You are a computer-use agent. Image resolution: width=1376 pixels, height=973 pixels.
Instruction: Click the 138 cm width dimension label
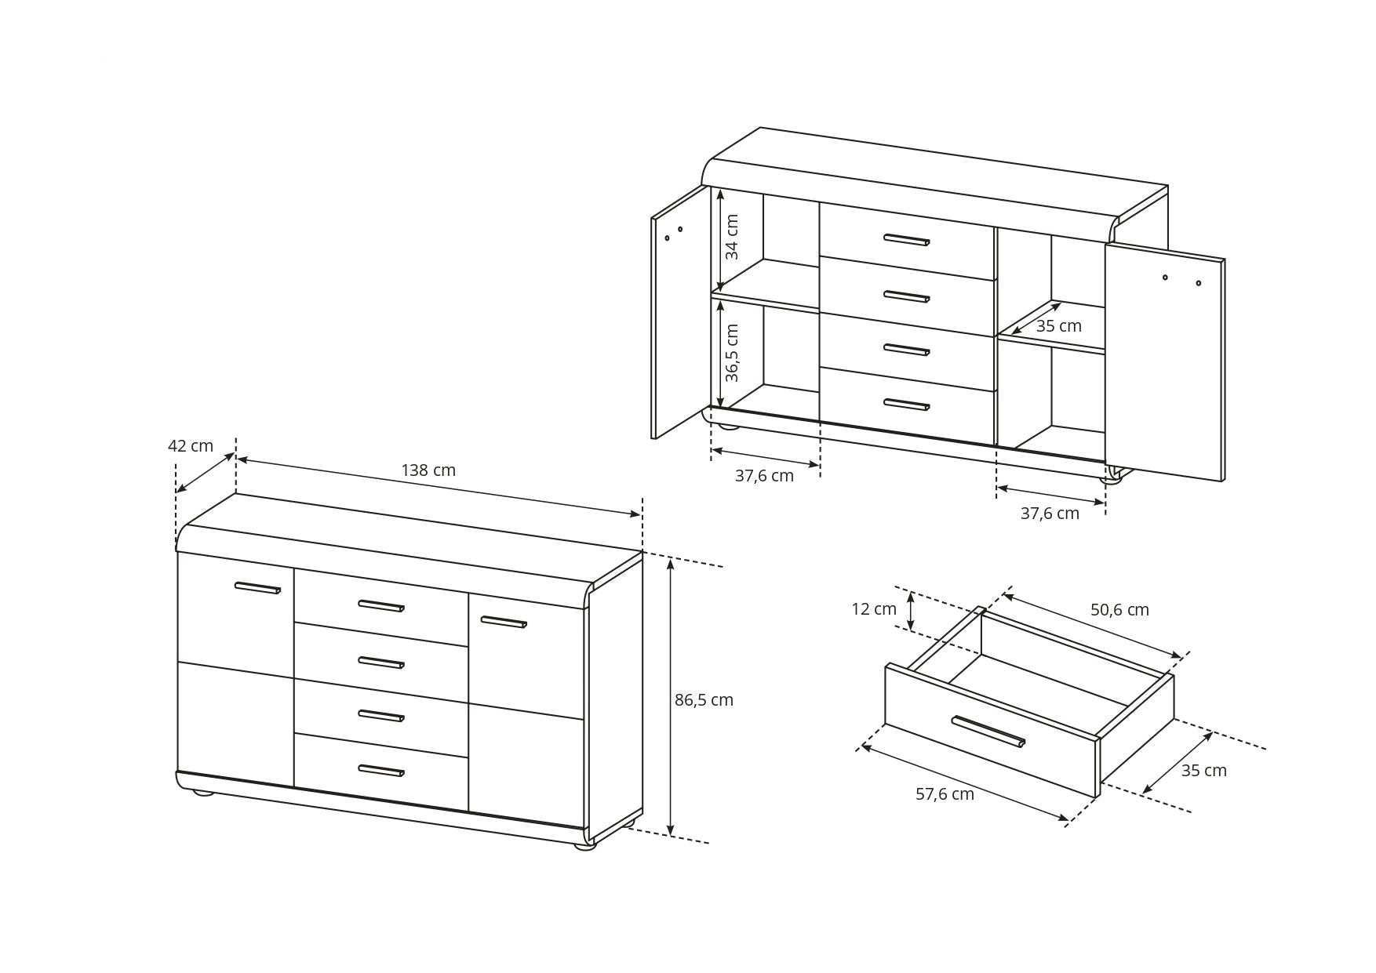point(428,470)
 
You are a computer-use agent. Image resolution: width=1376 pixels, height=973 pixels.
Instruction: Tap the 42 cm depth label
point(191,446)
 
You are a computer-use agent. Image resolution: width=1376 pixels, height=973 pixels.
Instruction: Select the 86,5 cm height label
point(704,700)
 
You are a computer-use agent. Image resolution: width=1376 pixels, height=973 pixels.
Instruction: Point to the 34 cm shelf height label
point(732,237)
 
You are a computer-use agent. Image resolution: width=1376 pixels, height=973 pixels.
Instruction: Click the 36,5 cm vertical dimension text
point(732,353)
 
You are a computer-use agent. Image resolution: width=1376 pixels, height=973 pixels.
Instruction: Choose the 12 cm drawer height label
point(874,609)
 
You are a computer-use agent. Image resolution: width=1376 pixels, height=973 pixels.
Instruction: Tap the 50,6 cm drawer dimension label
point(1119,610)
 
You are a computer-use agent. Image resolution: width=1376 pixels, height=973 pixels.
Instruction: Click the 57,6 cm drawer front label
point(945,794)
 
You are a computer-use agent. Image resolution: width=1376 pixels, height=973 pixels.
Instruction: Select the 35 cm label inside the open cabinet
point(1058,326)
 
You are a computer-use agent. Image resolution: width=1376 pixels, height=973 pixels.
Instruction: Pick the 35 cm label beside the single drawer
point(1203,771)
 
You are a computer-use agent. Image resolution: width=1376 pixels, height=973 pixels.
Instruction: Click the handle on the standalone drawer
point(988,732)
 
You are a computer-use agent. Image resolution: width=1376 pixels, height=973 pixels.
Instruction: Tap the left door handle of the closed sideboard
point(257,588)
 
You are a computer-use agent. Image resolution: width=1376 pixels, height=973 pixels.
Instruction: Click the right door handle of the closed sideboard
point(504,623)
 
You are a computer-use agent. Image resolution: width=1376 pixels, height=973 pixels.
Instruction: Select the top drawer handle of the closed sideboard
point(381,605)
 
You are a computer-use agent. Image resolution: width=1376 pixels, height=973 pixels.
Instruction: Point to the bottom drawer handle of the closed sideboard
point(381,771)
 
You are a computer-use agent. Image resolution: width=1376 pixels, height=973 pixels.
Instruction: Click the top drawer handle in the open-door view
point(907,240)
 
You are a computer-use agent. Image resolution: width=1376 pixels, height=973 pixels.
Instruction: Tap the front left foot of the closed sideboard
point(203,792)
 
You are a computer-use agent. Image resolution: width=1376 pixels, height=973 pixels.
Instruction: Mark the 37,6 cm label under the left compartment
point(764,476)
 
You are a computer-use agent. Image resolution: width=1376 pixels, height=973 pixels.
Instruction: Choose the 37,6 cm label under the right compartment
point(1050,514)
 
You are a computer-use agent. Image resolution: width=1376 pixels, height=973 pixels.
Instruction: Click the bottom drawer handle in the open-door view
point(907,405)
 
